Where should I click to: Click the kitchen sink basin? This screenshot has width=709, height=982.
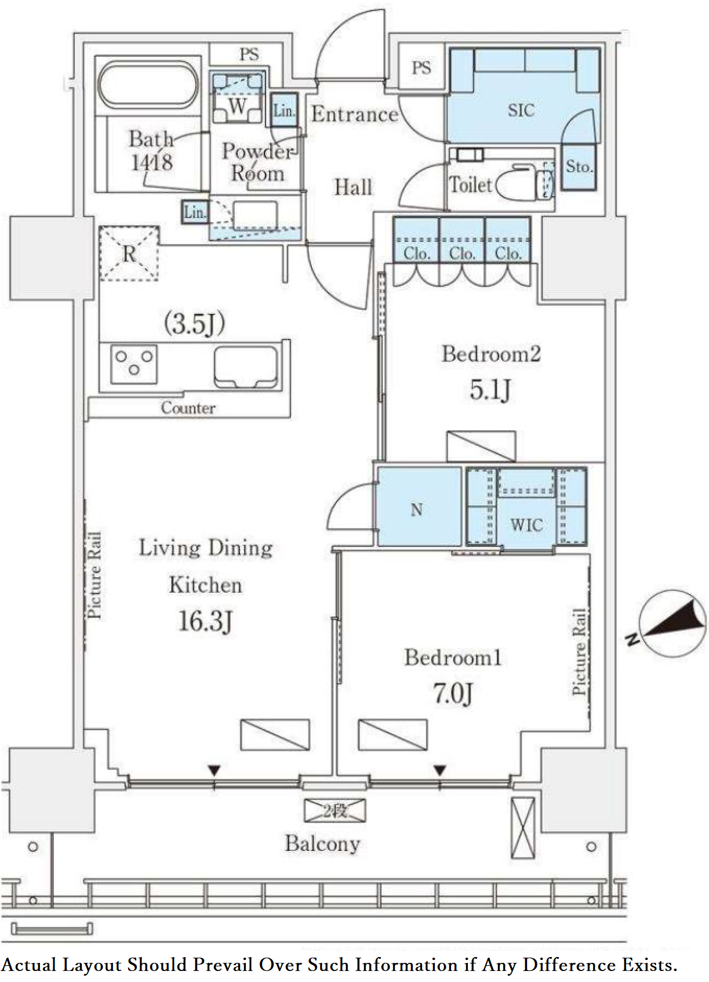tap(246, 367)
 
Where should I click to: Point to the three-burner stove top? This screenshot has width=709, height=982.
tap(134, 364)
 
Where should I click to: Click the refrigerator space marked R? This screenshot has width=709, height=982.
tap(129, 253)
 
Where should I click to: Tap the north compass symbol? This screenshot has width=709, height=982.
tap(671, 624)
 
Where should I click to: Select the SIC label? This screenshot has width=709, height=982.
tap(521, 110)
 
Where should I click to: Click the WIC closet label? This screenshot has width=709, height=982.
tap(527, 525)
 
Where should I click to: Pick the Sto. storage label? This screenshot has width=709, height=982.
tap(579, 166)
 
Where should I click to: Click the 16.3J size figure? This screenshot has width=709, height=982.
tap(205, 621)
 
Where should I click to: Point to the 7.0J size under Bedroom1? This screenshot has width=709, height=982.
tap(453, 693)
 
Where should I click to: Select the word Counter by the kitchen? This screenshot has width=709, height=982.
tap(188, 408)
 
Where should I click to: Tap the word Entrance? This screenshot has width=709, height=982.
tap(355, 114)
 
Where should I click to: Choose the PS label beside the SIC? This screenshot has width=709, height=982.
tap(421, 67)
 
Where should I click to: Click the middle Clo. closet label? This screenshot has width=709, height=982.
tap(462, 253)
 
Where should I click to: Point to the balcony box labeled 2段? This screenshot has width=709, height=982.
tap(334, 810)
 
